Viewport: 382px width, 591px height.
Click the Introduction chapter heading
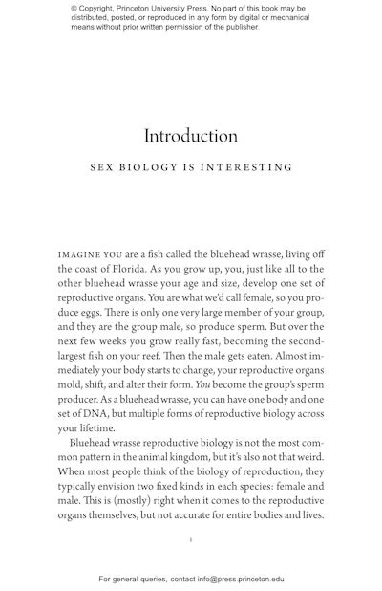click(191, 136)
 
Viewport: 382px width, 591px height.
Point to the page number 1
click(191, 541)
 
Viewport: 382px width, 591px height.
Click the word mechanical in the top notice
click(286, 18)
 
